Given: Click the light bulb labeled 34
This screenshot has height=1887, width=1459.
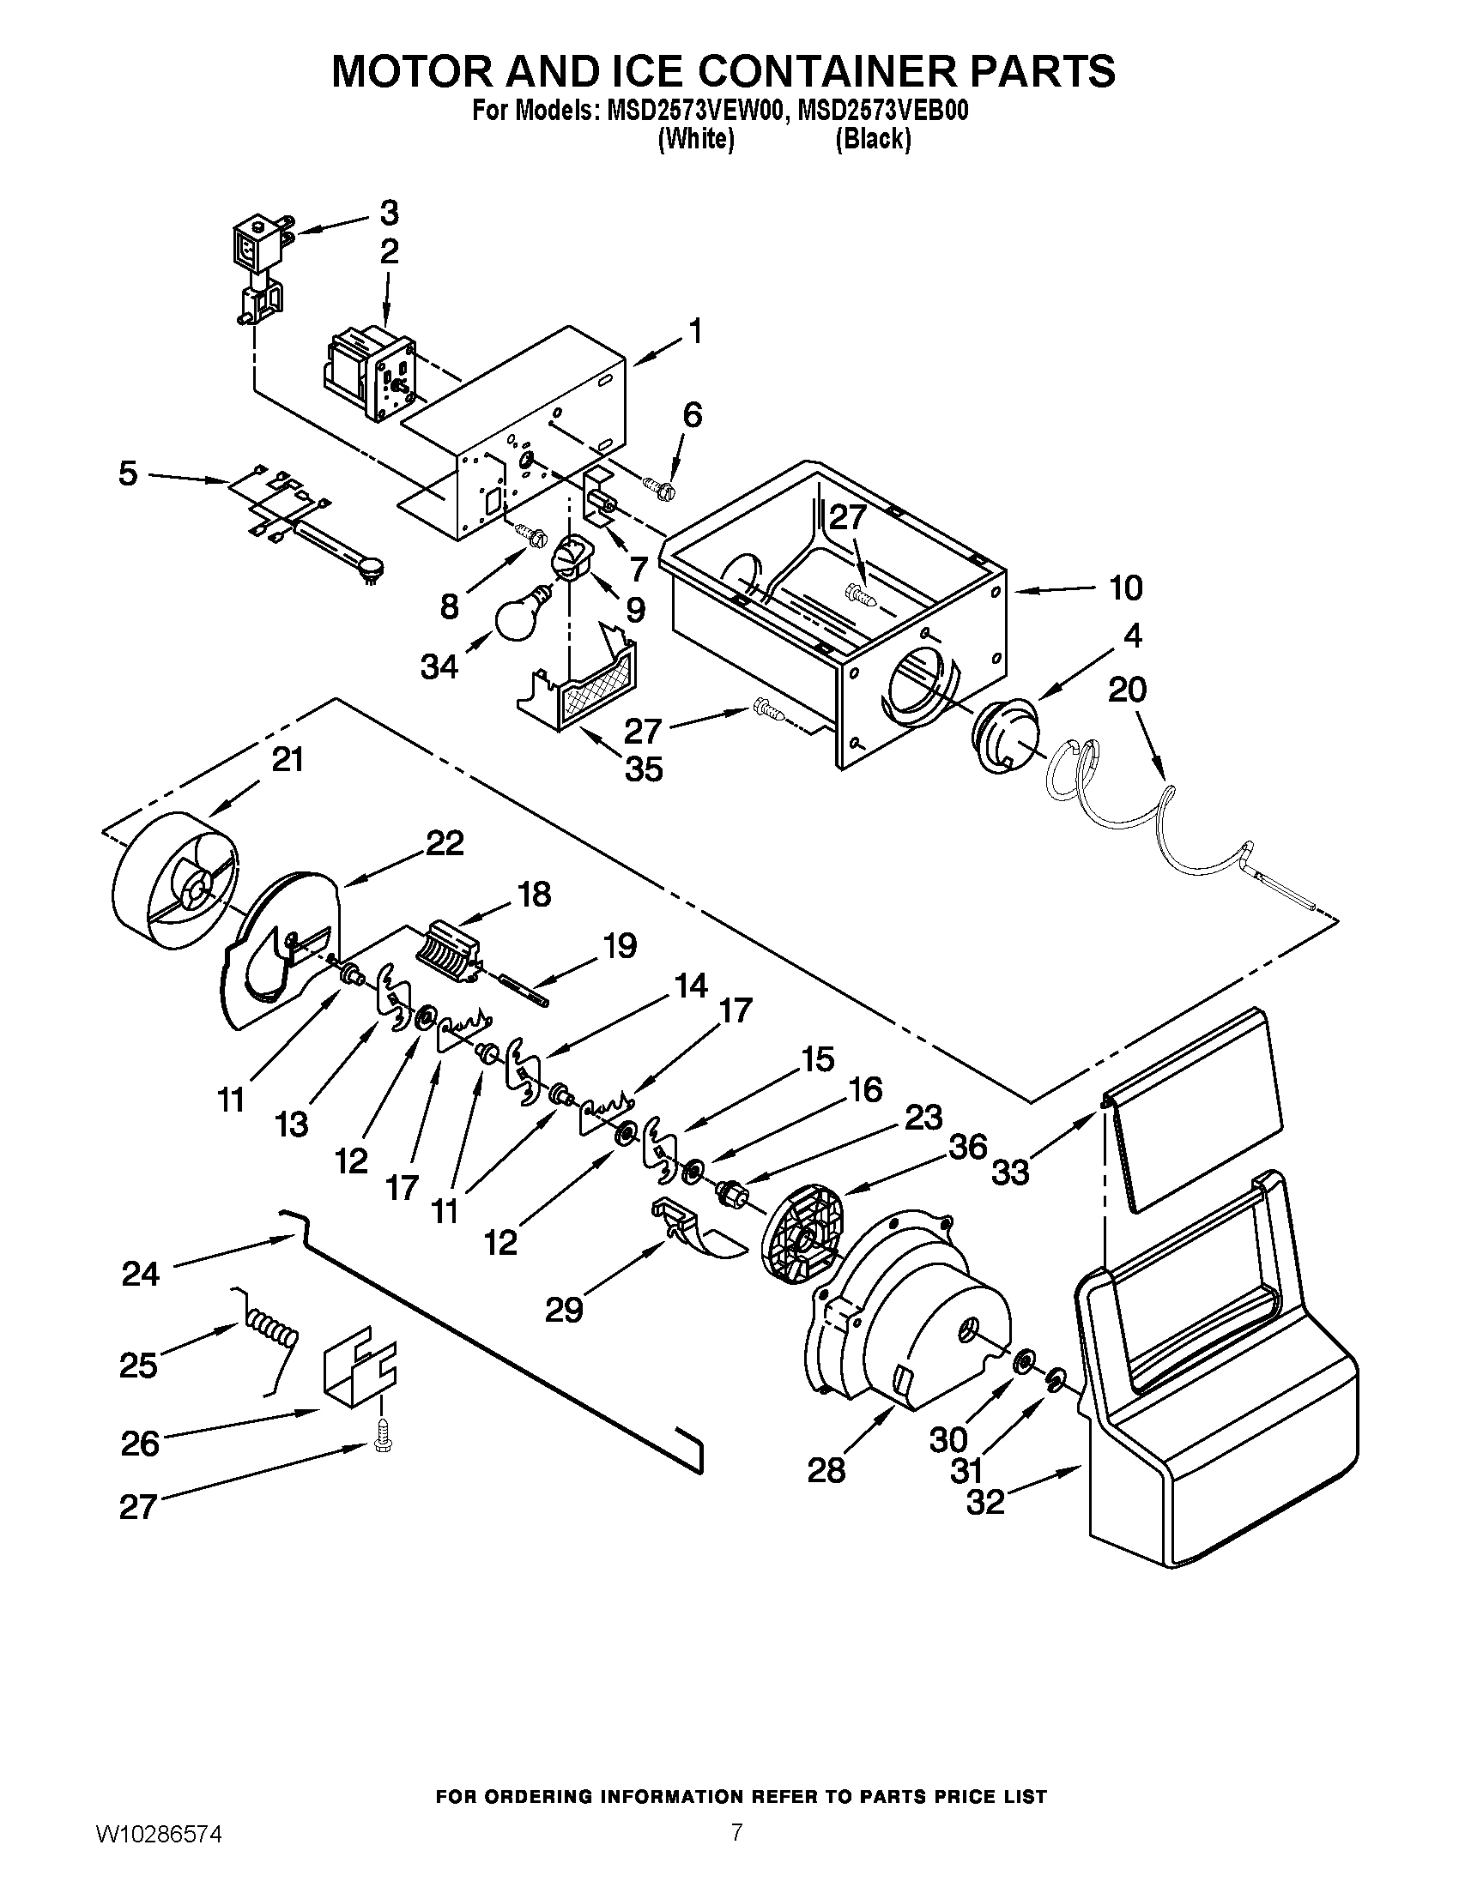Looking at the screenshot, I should point(519,613).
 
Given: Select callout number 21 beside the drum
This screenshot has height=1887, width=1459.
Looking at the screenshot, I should point(288,760).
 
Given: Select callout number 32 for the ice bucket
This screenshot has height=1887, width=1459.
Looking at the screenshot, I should point(985,1503).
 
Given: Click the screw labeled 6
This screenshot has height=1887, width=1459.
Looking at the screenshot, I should point(661,487).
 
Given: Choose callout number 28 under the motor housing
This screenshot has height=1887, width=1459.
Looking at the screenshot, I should point(826,1469).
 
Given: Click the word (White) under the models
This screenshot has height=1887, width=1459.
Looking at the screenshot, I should point(696,140).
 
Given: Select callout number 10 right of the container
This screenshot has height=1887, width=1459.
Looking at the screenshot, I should point(1126,588).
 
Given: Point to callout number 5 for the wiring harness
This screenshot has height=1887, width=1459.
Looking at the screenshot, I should point(127,473).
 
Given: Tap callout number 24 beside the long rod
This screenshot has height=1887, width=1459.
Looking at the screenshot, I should point(140,1273).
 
